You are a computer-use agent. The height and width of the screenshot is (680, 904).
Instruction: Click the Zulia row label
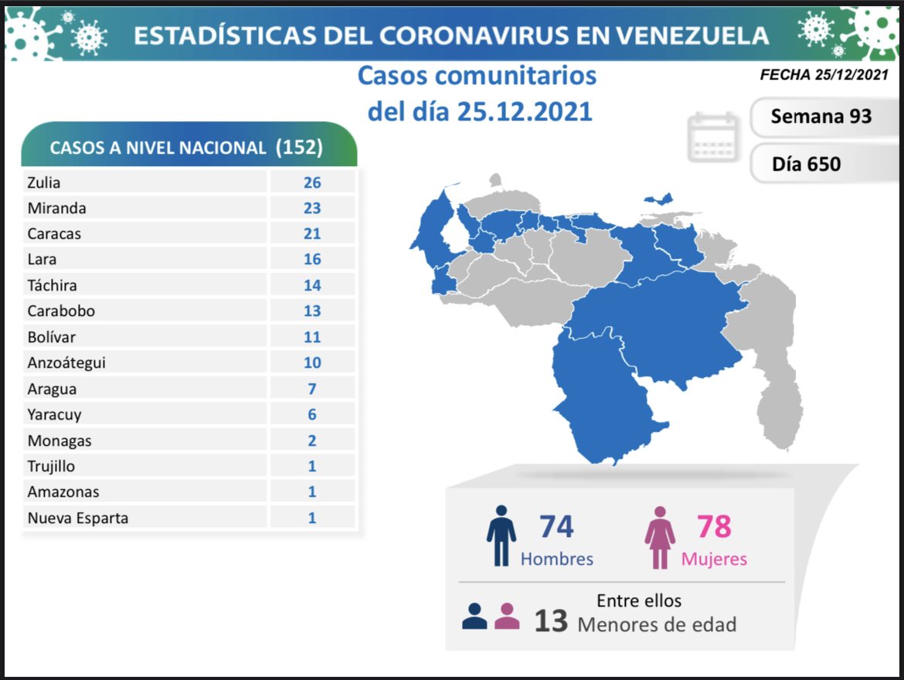[x=44, y=182]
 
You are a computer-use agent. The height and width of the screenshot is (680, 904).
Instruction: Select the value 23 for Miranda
[x=312, y=208]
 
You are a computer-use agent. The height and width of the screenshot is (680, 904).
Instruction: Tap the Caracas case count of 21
[x=312, y=233]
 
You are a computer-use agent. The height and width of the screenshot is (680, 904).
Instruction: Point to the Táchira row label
[x=53, y=285]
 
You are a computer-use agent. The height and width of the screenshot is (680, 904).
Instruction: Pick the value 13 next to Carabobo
[x=312, y=311]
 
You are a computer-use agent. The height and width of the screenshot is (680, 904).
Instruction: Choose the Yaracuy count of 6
[x=312, y=414]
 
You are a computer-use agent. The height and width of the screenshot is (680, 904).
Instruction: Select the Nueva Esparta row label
[x=78, y=518]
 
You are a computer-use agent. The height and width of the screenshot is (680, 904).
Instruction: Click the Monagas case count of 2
[x=312, y=440]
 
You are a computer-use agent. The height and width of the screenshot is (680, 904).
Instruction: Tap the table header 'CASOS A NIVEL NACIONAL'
[x=158, y=148]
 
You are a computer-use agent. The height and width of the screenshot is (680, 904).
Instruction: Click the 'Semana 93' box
[x=821, y=116]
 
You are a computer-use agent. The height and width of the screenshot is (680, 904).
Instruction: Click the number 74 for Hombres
[x=556, y=526]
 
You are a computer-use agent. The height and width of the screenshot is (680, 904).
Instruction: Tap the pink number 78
[x=713, y=526]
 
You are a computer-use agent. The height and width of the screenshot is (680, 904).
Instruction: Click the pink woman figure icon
[x=660, y=537]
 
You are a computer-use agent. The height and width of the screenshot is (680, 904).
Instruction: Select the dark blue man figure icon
[x=501, y=536]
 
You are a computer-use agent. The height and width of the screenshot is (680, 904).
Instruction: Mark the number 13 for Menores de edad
[x=551, y=620]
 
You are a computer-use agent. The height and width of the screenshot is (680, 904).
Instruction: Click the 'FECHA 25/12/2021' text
[x=824, y=75]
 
